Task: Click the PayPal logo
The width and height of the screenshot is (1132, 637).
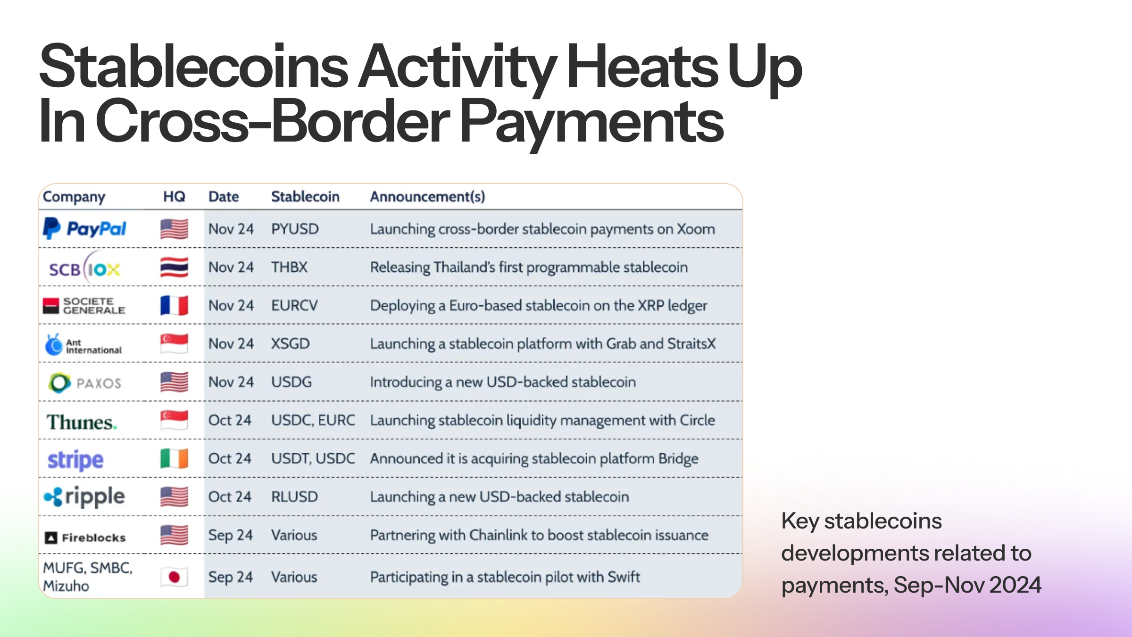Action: click(x=85, y=229)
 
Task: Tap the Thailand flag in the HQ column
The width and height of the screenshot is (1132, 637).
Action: click(x=174, y=267)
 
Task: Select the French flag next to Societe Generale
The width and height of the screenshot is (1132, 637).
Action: click(x=174, y=305)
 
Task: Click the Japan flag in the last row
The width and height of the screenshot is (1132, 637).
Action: click(x=174, y=577)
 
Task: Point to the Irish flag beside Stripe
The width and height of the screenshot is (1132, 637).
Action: click(x=174, y=459)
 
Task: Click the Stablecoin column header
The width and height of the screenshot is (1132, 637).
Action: click(x=305, y=196)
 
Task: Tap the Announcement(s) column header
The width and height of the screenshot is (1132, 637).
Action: click(x=427, y=196)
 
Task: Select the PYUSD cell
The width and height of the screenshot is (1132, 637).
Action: click(x=295, y=229)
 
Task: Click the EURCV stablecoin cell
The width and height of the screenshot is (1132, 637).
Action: click(x=294, y=305)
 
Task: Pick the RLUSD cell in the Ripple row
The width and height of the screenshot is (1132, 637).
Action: click(x=294, y=496)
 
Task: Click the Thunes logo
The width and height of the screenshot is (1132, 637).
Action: click(x=81, y=422)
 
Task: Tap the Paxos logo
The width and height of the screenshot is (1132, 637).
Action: click(x=85, y=383)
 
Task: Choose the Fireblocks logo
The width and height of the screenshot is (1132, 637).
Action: click(x=85, y=537)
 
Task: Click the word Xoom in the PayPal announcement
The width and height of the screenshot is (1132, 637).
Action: click(x=696, y=229)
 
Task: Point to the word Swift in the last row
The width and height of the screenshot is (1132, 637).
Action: click(x=624, y=577)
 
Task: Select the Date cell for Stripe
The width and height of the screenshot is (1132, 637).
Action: click(x=230, y=458)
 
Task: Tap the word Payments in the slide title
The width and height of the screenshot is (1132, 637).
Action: click(x=591, y=121)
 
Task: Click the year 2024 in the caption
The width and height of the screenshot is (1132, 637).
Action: click(x=1015, y=585)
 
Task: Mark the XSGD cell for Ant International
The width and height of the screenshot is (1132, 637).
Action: click(x=290, y=344)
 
